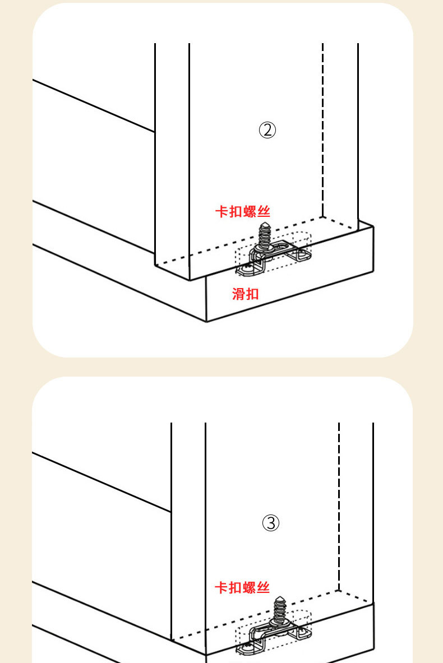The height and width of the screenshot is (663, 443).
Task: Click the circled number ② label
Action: (x=267, y=131)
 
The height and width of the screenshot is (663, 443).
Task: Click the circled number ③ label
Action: (x=271, y=523)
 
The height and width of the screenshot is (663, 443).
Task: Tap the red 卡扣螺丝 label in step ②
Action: (x=243, y=212)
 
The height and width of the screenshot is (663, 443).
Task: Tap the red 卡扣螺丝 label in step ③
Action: (x=242, y=587)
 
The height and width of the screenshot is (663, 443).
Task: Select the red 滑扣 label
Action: (x=246, y=294)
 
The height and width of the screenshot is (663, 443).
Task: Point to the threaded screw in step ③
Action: (x=279, y=610)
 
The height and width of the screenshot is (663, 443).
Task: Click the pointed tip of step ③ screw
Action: (x=279, y=599)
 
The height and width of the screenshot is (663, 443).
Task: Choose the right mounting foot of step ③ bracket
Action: (x=303, y=633)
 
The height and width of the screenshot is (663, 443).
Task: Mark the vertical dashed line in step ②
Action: (x=322, y=129)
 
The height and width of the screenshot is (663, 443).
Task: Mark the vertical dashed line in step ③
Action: (x=339, y=504)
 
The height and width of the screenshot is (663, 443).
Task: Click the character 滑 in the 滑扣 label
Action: (x=239, y=294)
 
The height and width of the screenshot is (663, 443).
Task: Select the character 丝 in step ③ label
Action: (x=264, y=587)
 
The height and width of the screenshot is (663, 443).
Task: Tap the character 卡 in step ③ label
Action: (x=221, y=587)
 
